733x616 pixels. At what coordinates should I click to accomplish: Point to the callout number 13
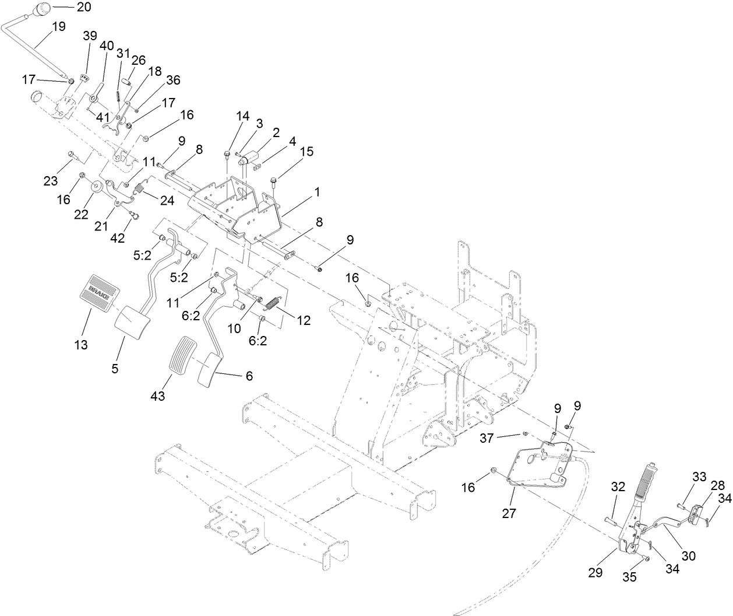(81, 345)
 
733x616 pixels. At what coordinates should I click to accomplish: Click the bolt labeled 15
(273, 182)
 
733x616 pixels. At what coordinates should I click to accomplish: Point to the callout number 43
(157, 396)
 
